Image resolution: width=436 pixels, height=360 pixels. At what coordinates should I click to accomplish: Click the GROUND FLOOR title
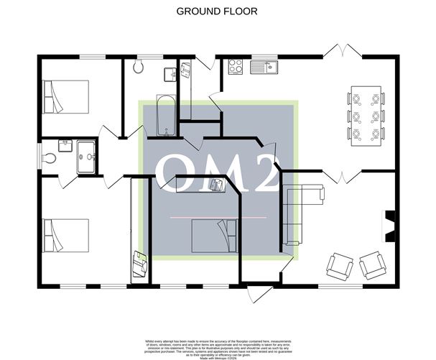click(217, 11)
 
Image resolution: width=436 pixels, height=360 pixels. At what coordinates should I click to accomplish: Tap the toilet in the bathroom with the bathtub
click(139, 68)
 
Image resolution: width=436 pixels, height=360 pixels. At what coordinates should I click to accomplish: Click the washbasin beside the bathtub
click(171, 74)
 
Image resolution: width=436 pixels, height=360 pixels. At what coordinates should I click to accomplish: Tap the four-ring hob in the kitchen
click(235, 67)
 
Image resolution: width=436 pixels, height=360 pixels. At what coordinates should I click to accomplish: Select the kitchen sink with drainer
click(264, 67)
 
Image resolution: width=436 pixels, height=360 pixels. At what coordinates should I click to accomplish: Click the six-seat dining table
click(366, 116)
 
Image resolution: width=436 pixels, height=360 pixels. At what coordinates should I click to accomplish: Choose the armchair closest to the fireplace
click(373, 264)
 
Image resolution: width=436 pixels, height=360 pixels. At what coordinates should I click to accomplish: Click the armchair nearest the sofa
click(340, 266)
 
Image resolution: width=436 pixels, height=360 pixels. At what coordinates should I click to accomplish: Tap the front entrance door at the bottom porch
click(259, 294)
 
